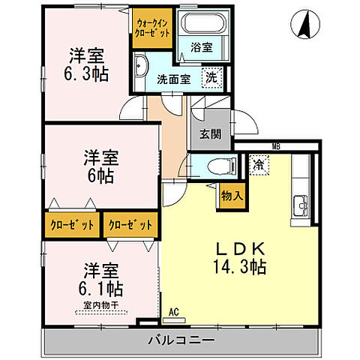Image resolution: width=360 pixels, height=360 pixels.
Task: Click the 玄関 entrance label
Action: click(x=209, y=135)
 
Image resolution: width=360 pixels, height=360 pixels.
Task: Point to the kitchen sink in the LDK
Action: click(x=301, y=202)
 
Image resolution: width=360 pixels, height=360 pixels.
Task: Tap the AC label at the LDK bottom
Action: click(x=173, y=310)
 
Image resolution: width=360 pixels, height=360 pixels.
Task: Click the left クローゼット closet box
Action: click(x=73, y=223)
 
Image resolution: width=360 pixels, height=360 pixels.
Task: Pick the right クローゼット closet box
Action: click(x=130, y=223)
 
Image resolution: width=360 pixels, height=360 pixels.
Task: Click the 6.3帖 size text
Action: click(x=86, y=73)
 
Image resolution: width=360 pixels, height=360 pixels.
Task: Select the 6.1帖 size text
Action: click(x=102, y=287)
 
